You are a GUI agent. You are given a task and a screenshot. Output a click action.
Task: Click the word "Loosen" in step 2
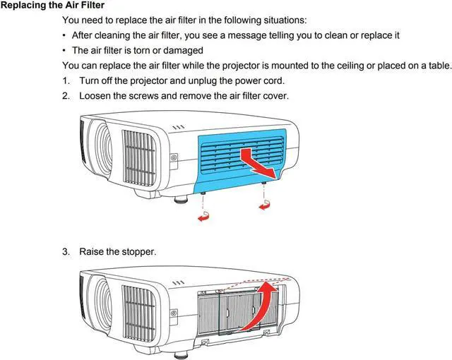pyautogui.click(x=97, y=95)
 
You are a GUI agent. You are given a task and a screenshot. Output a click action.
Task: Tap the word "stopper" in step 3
pyautogui.click(x=138, y=251)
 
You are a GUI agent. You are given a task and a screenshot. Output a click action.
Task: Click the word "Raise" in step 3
pyautogui.click(x=93, y=251)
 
